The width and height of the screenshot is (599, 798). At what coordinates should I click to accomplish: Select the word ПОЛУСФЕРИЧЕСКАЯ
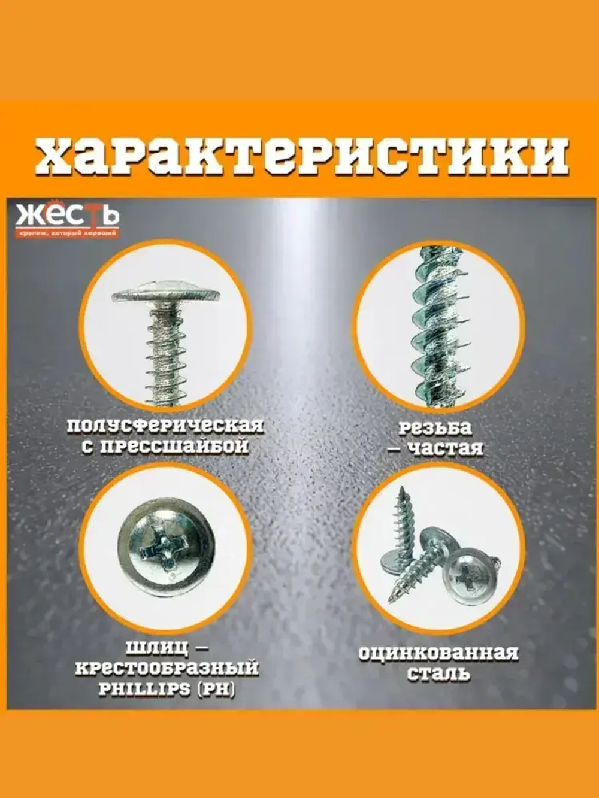pos(165,426)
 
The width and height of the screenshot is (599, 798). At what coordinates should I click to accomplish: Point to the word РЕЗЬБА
pos(435,427)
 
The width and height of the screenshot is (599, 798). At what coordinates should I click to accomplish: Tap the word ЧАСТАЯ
pos(444,448)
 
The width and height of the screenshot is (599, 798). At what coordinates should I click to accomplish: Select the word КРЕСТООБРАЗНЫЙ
pos(167,668)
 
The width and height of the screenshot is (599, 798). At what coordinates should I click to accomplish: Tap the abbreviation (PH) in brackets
pos(214,688)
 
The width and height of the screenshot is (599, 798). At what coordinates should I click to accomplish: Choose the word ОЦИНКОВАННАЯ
pos(438,653)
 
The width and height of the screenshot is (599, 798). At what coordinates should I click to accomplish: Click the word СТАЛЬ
pos(438,673)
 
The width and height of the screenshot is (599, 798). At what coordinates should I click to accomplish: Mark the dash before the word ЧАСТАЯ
pos(395,448)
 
